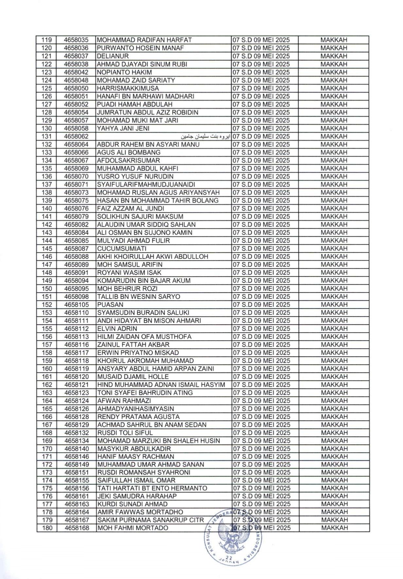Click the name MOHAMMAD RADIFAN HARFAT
144,40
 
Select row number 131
47,137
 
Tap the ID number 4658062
76,137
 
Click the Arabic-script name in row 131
206,137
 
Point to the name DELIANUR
113,56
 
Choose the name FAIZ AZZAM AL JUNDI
131,209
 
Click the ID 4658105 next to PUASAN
76,305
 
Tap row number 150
47,289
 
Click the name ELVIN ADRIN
117,329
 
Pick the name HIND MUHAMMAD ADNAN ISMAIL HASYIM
161,385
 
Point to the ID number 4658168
77,528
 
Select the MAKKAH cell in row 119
334,40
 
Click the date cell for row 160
261,369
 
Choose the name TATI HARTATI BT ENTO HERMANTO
152,489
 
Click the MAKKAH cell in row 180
334,528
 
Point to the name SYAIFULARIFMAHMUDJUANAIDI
146,185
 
